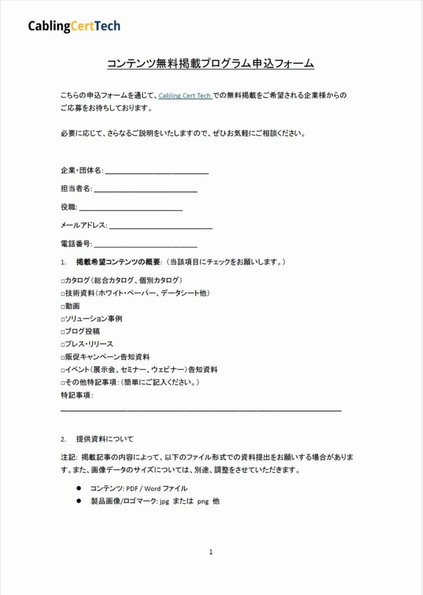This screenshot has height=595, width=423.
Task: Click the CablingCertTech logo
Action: point(74,26)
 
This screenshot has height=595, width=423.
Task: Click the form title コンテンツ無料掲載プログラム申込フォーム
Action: point(210,63)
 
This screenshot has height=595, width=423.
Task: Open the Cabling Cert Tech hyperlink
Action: point(185,95)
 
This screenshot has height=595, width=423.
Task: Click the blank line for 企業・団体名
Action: point(157,173)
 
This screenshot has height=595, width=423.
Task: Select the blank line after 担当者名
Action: point(145,191)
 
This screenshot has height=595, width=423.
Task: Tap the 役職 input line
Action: point(131,209)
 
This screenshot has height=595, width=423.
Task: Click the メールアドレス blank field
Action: point(160,228)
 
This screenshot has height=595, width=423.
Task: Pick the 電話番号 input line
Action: point(145,246)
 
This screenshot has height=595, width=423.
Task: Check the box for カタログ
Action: point(63,280)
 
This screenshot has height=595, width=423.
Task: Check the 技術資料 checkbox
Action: point(63,293)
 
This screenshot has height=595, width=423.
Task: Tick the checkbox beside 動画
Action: point(63,306)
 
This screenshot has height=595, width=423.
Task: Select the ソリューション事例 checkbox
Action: point(63,319)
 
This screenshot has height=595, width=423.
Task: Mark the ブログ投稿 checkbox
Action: point(63,331)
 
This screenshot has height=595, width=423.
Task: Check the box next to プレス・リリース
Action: point(63,344)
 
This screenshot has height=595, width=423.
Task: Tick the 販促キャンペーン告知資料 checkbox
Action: point(63,357)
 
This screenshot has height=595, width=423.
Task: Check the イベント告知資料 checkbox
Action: point(63,370)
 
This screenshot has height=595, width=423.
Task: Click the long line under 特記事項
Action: point(200,411)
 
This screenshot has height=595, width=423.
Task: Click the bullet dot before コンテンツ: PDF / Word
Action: point(78,488)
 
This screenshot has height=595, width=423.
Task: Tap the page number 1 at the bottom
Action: point(211,552)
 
